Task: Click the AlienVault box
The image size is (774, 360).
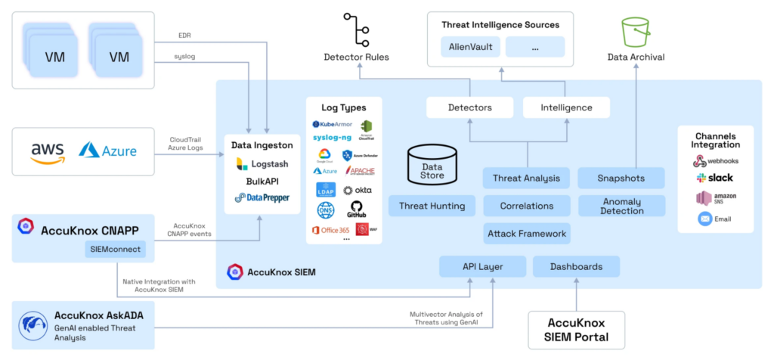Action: [470, 47]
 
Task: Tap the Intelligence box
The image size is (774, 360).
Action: [566, 107]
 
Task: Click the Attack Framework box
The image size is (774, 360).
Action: [526, 233]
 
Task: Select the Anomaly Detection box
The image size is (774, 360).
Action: [621, 206]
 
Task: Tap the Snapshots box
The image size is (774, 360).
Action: [621, 178]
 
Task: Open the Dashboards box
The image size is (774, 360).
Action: [576, 266]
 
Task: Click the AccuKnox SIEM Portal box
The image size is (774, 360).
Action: [576, 330]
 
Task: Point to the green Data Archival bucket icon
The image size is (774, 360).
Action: [635, 32]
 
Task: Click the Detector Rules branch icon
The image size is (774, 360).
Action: [356, 29]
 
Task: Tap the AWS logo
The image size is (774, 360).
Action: [48, 151]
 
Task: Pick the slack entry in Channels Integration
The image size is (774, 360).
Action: [715, 178]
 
